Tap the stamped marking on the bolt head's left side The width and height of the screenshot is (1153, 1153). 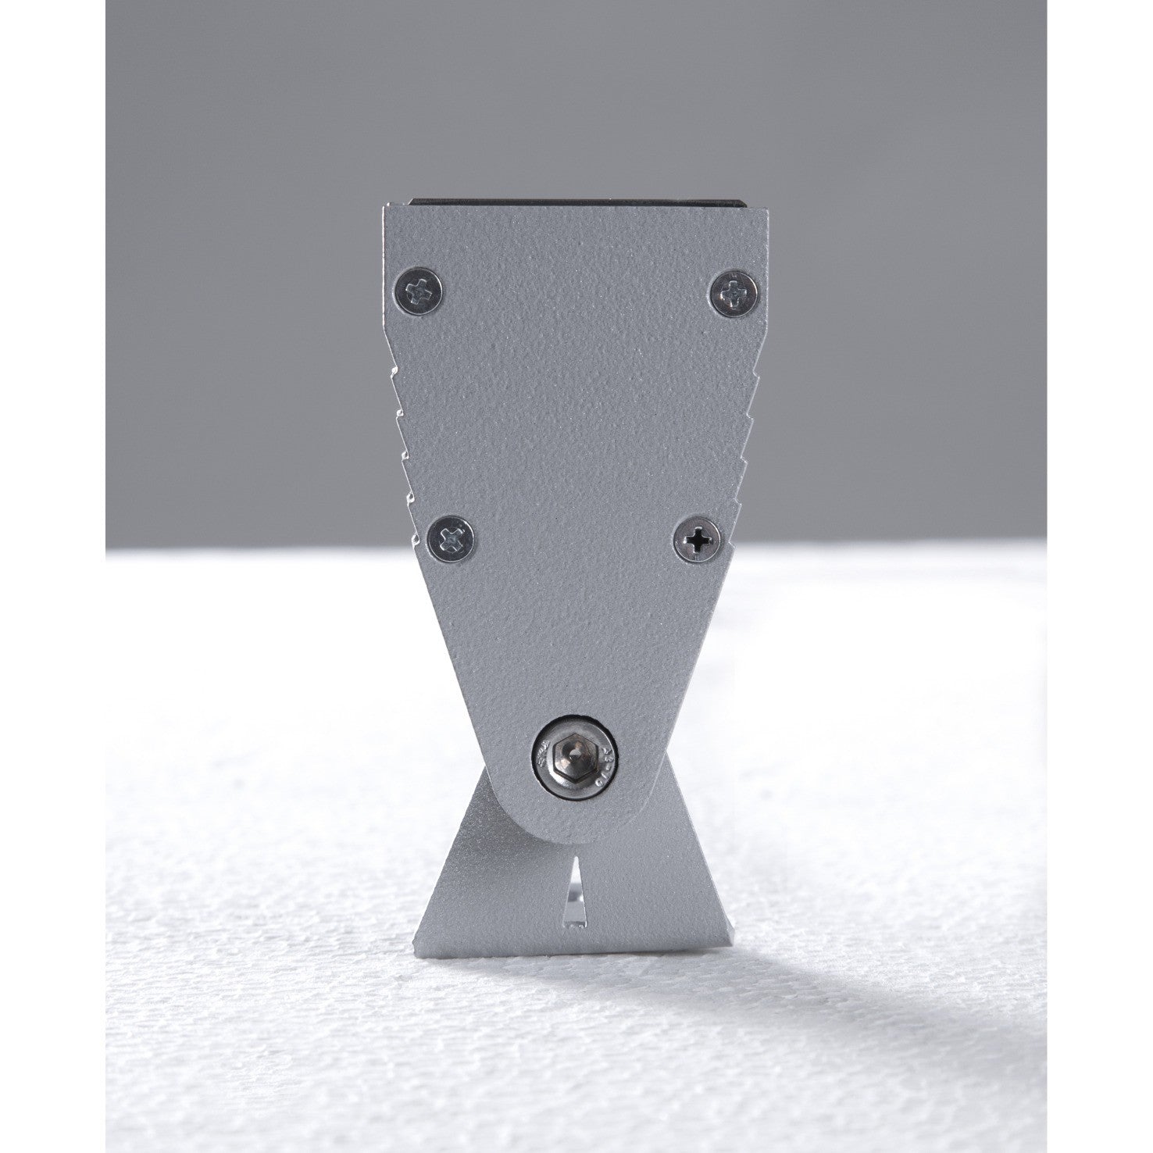[540, 755]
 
